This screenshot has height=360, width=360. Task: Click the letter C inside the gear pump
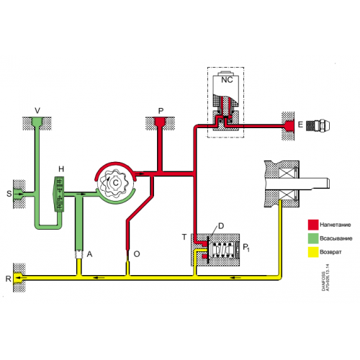click(x=115, y=184)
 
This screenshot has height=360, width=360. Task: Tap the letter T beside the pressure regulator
click(x=184, y=236)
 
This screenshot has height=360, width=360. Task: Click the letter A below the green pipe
click(x=89, y=254)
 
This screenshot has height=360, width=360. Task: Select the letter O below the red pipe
click(x=137, y=254)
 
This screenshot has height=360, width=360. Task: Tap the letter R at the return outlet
click(x=8, y=277)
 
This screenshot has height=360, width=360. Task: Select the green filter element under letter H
click(x=62, y=194)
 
